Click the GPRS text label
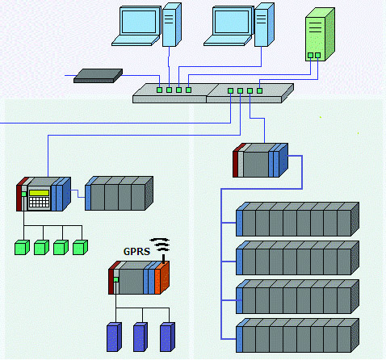tap(136, 252)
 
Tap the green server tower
tap(320, 35)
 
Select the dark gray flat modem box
tap(98, 76)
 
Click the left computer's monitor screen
tap(139, 22)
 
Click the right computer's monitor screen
tap(232, 22)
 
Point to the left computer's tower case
tap(172, 25)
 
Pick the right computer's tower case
tap(264, 25)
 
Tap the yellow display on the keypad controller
tap(40, 193)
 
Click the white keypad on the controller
tap(40, 202)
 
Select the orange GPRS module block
tap(162, 278)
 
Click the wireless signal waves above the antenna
tap(160, 245)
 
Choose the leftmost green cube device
tap(22, 248)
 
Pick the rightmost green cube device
tap(80, 248)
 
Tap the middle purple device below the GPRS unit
tap(141, 337)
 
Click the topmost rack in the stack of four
tap(297, 220)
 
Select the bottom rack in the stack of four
tap(297, 335)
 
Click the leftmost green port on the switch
tap(159, 90)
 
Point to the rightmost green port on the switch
tap(259, 90)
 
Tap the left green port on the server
tap(310, 55)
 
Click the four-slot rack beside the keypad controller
tap(119, 193)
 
